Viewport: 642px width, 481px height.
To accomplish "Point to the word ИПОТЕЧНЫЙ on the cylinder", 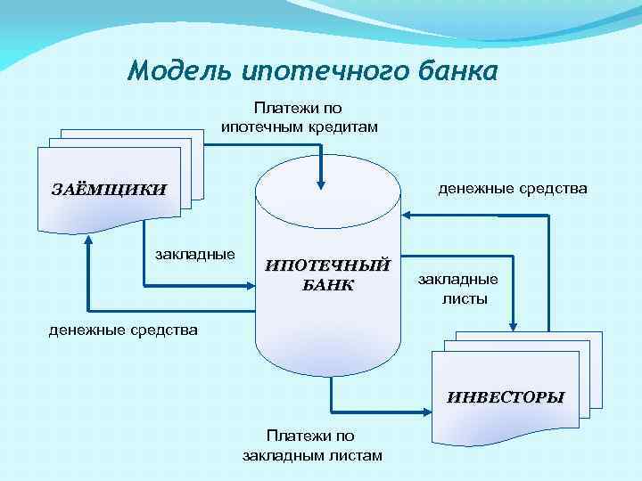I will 328,265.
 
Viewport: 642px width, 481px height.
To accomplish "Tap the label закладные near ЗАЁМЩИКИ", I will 195,255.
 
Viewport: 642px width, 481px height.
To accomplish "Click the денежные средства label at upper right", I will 512,189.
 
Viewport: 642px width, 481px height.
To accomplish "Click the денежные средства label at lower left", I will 123,330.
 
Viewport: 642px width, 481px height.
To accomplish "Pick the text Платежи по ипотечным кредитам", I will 299,118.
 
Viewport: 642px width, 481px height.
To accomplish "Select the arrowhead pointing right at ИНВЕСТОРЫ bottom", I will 425,412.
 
